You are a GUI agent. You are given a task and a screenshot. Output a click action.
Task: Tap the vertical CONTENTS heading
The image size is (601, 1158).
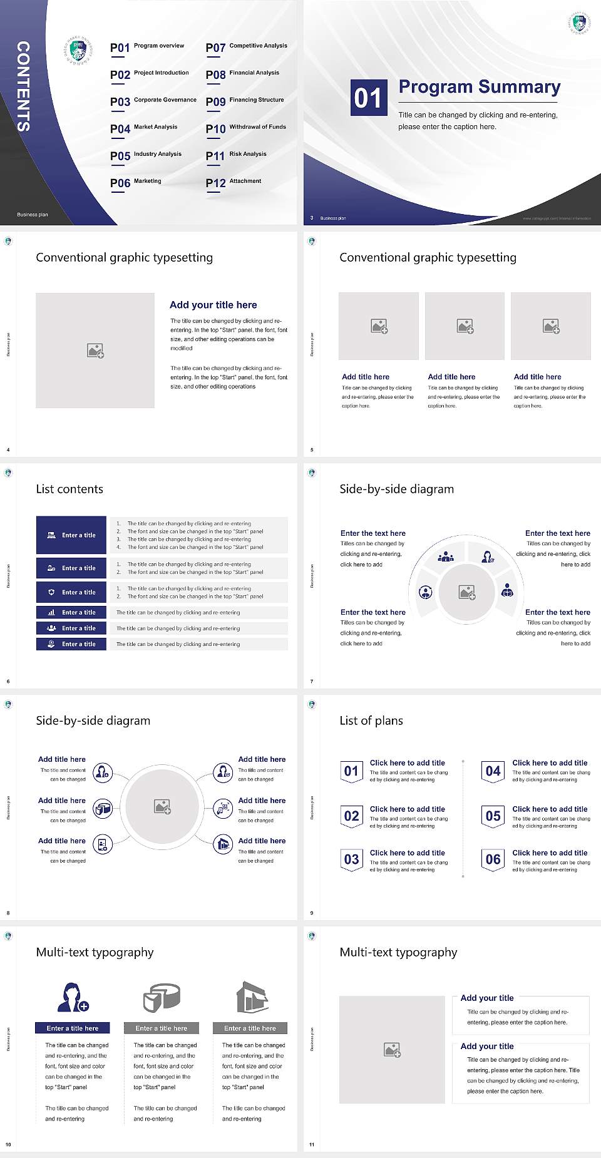(23, 86)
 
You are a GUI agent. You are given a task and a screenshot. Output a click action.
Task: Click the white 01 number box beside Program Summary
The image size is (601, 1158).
(367, 98)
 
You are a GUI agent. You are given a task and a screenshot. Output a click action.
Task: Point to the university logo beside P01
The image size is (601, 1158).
(79, 51)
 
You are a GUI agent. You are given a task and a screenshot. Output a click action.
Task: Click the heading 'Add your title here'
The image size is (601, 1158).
(213, 305)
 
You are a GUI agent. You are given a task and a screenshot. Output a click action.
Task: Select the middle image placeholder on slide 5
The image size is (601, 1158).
(465, 326)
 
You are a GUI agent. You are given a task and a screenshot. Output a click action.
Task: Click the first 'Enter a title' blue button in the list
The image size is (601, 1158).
(71, 535)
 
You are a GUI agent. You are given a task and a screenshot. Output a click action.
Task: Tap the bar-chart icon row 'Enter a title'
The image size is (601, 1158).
(71, 612)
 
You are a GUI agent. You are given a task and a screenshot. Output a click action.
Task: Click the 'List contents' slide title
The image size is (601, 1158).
(69, 489)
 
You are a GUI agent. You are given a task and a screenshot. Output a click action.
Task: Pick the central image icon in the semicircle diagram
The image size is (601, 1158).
(467, 592)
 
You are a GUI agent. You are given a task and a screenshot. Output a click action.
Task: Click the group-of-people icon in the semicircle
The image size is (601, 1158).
(446, 556)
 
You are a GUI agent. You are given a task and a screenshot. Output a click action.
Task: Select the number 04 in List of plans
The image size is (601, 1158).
(493, 771)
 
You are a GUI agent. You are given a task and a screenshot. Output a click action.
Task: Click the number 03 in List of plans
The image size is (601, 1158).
(351, 859)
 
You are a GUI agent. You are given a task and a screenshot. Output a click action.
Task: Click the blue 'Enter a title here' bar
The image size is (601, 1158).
(72, 1028)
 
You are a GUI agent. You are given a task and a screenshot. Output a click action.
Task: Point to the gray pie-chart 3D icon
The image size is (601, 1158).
(162, 997)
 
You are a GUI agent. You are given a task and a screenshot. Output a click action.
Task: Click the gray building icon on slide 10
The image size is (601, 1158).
(252, 997)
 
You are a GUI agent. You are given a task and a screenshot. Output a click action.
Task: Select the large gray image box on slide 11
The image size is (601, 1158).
(392, 1050)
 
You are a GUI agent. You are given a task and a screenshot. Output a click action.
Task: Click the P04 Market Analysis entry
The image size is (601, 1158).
(144, 128)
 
